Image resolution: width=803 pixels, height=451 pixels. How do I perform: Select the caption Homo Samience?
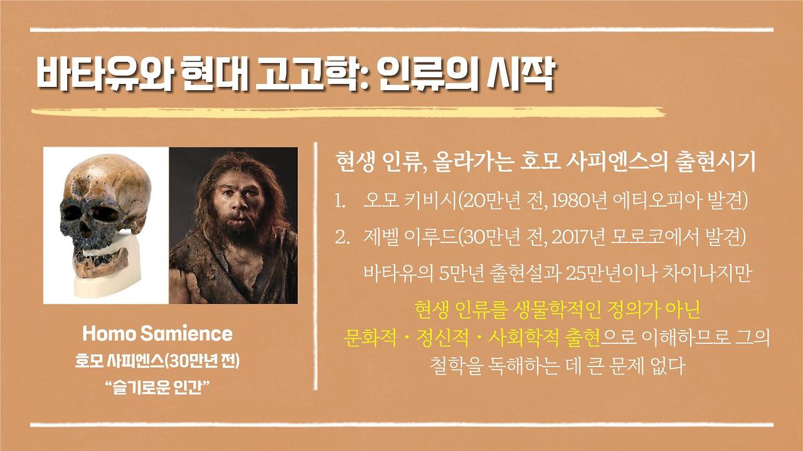[157, 333]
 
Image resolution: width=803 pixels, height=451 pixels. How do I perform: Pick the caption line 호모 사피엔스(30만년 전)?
[157, 362]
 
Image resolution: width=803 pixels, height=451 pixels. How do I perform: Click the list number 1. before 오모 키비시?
[341, 202]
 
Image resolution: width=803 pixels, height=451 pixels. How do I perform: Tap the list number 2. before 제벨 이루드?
[342, 237]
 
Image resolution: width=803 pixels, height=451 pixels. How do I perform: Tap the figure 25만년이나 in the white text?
[601, 273]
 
